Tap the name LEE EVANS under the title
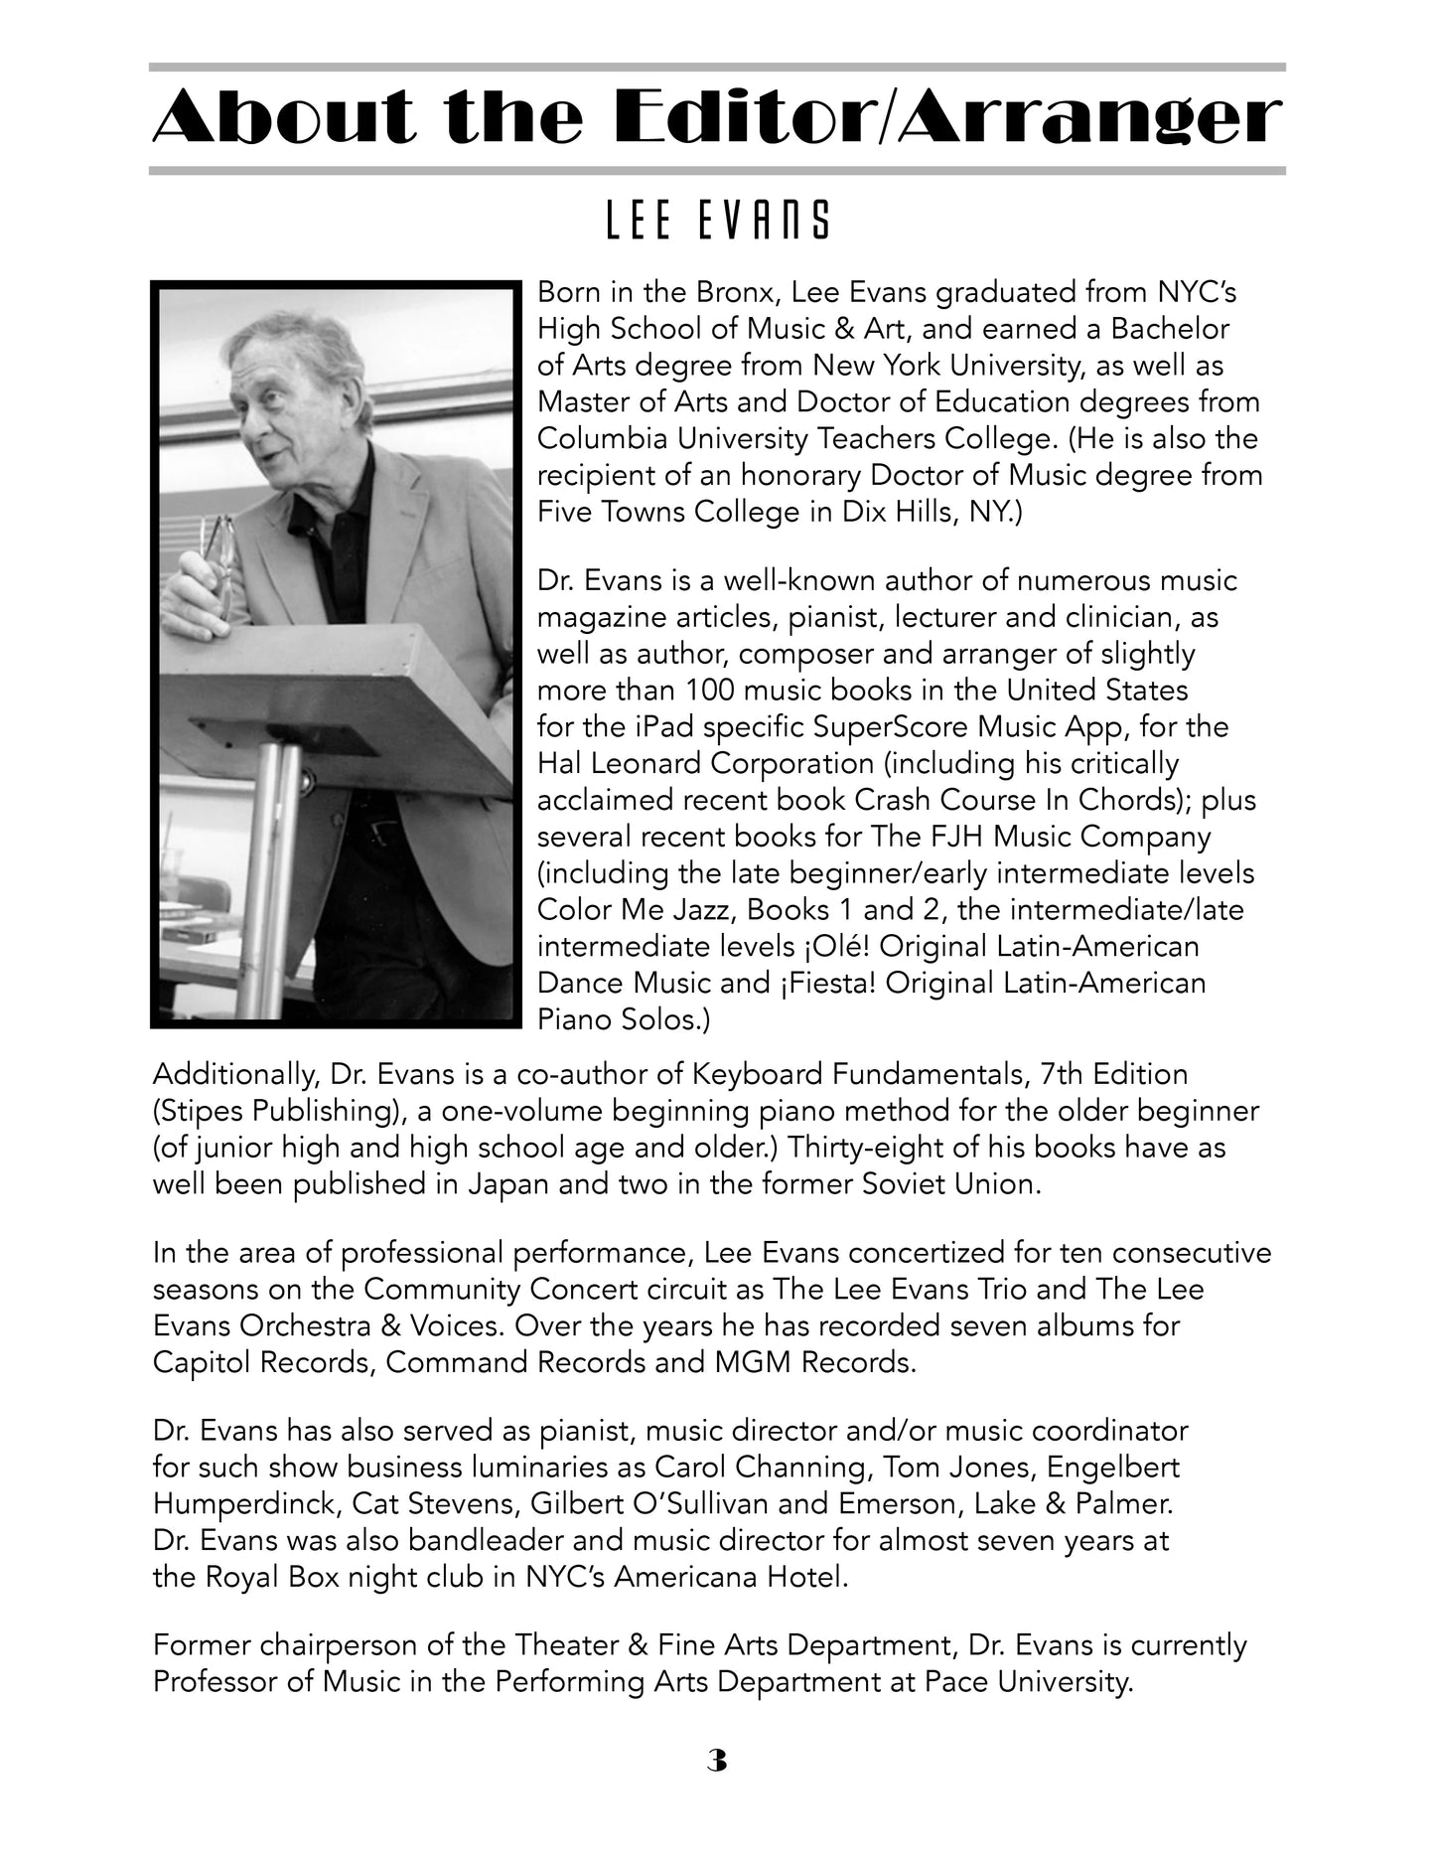pyautogui.click(x=717, y=221)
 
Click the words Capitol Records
pyautogui.click(x=262, y=1362)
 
